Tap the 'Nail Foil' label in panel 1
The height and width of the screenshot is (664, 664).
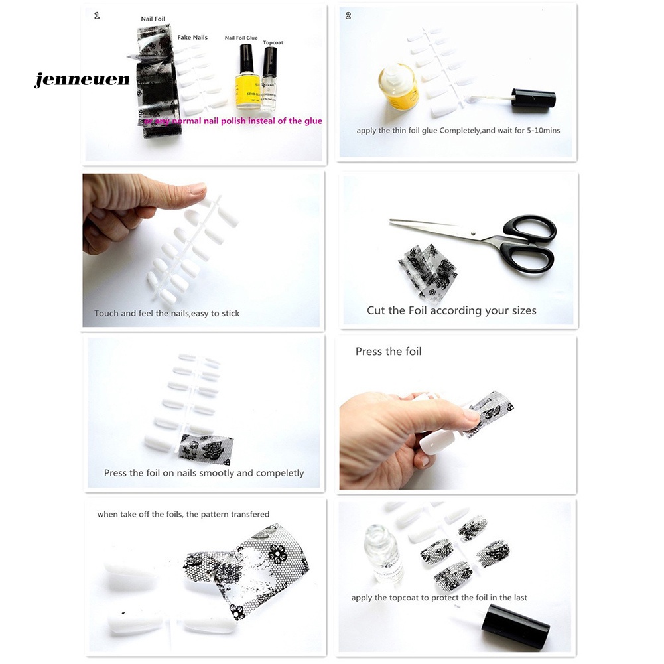tap(153, 19)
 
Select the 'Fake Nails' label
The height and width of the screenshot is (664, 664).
tap(192, 38)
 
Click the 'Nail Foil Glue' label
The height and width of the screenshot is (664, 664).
tap(241, 38)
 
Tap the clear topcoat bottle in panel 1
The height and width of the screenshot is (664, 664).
tap(269, 83)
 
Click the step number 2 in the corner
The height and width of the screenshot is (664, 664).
tap(348, 15)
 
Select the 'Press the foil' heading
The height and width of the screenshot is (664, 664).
tap(388, 352)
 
